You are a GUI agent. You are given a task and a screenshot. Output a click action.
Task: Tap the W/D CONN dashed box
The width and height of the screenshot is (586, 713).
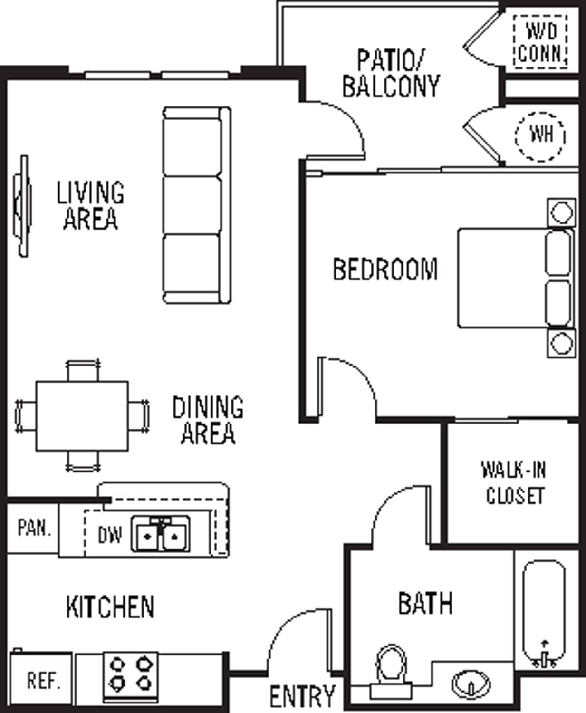coord(540,42)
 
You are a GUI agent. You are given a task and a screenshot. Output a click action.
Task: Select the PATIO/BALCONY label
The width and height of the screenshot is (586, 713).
coord(391,74)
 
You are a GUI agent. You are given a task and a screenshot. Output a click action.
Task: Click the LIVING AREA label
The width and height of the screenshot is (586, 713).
coord(90,205)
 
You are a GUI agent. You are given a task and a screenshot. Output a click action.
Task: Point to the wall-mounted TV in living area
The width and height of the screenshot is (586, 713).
coord(22,206)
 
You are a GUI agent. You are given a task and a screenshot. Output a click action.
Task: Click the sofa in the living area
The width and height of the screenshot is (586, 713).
coord(196,205)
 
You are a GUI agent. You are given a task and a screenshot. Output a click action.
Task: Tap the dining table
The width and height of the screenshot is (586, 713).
coord(82,416)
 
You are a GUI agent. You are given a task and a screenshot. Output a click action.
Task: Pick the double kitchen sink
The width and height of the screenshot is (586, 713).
coord(161,535)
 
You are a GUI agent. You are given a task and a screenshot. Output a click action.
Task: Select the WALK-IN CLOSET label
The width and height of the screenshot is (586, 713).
coord(514,482)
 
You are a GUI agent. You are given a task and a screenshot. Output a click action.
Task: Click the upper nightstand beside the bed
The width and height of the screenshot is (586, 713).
coord(561,212)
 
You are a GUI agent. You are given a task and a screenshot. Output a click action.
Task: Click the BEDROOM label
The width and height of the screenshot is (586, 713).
coord(385,269)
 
